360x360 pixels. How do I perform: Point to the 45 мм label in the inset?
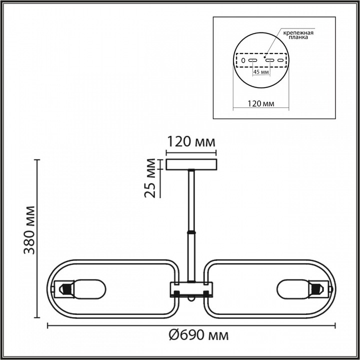point(261,72)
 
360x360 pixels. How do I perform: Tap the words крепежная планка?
point(298,36)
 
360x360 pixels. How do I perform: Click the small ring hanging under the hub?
point(190,300)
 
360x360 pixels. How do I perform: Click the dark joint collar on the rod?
point(191,233)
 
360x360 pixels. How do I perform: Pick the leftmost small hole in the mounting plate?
point(243,60)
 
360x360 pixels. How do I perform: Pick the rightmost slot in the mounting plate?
point(281,60)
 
